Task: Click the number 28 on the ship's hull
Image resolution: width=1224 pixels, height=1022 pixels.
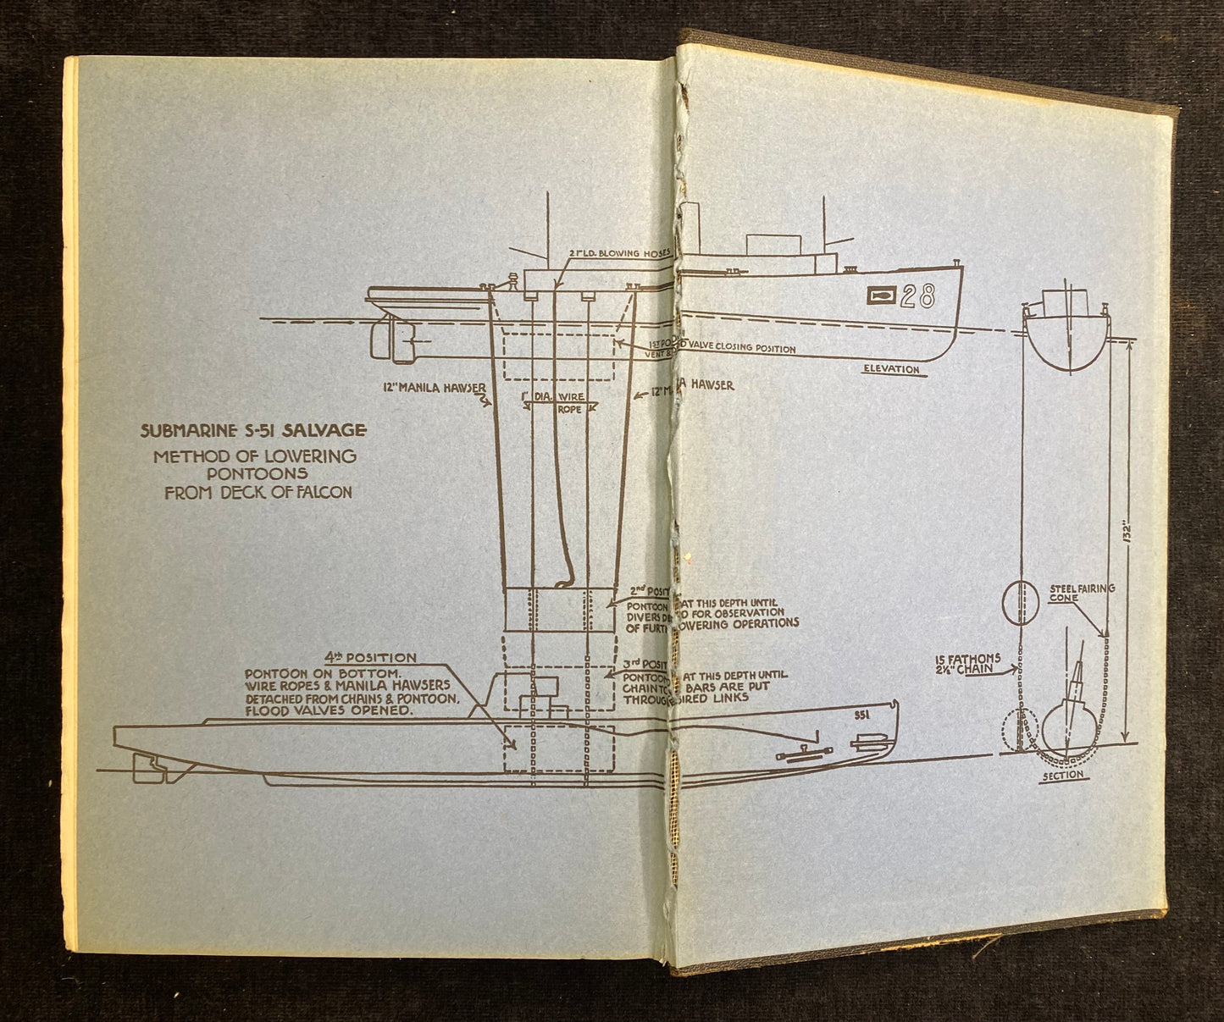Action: [x=917, y=296]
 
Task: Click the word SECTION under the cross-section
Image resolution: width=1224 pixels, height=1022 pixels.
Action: [x=1065, y=775]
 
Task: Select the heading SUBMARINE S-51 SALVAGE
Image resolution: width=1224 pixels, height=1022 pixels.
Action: [x=253, y=430]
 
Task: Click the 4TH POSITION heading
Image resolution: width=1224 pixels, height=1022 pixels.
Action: [x=370, y=657]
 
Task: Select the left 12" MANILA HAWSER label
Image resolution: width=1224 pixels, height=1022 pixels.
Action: [x=433, y=386]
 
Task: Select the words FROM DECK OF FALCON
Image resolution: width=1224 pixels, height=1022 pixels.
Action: [x=258, y=491]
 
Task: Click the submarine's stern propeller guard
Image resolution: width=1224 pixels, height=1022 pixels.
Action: [x=152, y=768]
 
